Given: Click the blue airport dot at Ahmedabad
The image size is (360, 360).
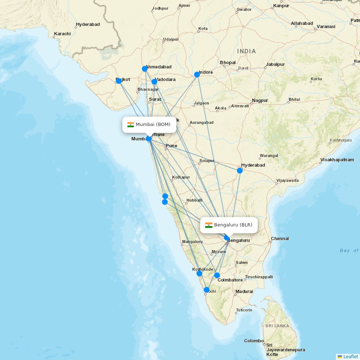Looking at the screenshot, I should (145, 69).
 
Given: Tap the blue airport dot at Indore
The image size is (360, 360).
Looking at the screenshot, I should (197, 75).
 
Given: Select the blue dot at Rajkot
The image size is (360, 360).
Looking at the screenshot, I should (119, 81).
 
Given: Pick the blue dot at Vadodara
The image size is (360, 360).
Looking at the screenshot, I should (154, 82).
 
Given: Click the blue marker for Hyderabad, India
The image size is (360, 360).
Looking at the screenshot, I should (240, 170).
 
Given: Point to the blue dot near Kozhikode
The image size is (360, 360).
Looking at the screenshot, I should (199, 274).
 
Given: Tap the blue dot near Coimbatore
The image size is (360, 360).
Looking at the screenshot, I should (217, 275).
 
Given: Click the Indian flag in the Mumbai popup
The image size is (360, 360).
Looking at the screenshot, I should (131, 125).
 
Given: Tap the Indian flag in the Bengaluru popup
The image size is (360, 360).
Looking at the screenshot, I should (209, 225).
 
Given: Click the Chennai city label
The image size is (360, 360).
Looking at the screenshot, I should (280, 239).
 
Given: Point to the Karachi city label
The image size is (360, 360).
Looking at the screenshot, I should (62, 34).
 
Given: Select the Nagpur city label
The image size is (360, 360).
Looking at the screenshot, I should (260, 100).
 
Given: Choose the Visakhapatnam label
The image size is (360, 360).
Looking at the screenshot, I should (337, 160).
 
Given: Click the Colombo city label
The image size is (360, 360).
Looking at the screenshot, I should (254, 341).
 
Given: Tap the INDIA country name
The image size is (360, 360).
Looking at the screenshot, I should (247, 51).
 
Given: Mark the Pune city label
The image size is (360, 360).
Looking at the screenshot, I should (171, 146).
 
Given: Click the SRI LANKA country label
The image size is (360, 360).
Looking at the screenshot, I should (277, 326).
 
